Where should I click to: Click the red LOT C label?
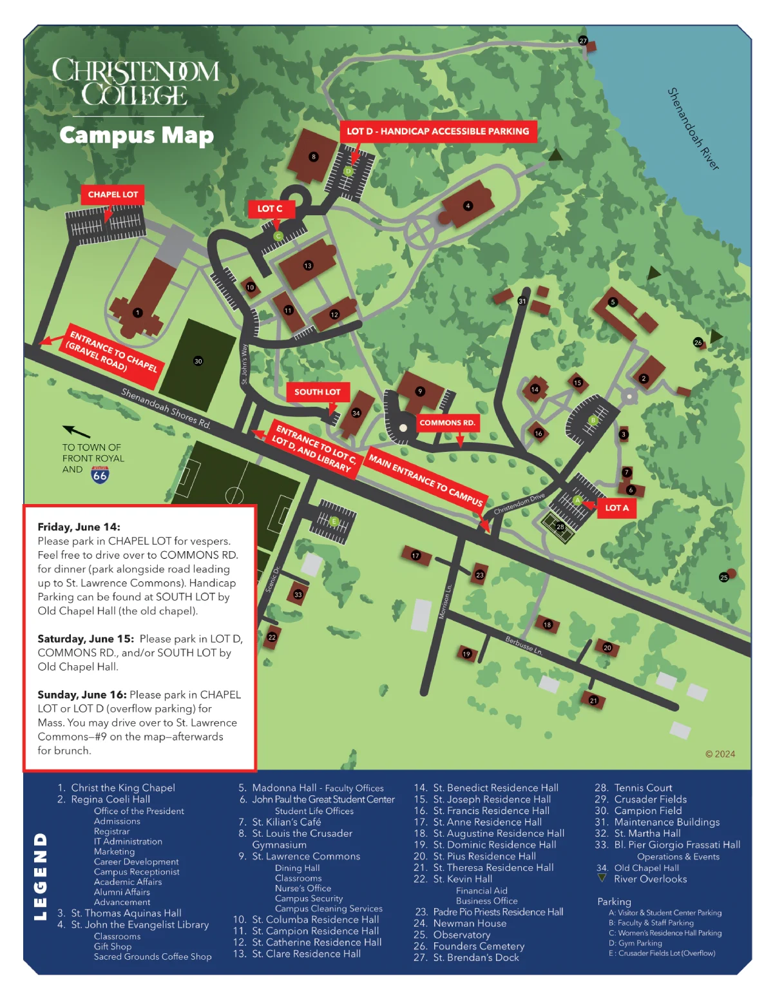coord(270,209)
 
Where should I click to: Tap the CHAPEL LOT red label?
coord(113,195)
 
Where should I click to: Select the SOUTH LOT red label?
coord(317,392)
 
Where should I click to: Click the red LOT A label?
coord(616,508)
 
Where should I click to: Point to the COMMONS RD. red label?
coord(447,423)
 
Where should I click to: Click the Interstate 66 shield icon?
coord(100,476)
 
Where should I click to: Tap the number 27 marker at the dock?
coord(583,41)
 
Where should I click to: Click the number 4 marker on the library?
coord(468,206)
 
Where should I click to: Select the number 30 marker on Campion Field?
coord(198,361)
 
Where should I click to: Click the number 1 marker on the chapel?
coord(137,313)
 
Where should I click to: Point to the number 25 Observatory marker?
coord(724,578)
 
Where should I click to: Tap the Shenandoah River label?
coord(692,129)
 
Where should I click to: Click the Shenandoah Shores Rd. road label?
coord(166,409)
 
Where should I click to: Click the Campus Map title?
coord(137,135)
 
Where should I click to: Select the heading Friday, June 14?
coord(79,527)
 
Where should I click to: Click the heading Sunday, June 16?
coord(82,695)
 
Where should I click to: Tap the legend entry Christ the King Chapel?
coord(122,788)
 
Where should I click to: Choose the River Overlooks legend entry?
coord(650,879)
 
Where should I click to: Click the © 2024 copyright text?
coord(720,754)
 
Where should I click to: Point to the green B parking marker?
coord(593,420)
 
